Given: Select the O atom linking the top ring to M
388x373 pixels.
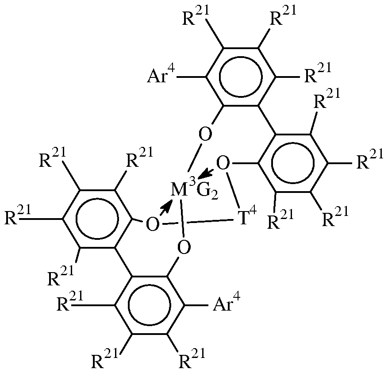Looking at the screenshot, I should [204, 134].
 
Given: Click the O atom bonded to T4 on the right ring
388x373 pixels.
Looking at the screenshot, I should [224, 165].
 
